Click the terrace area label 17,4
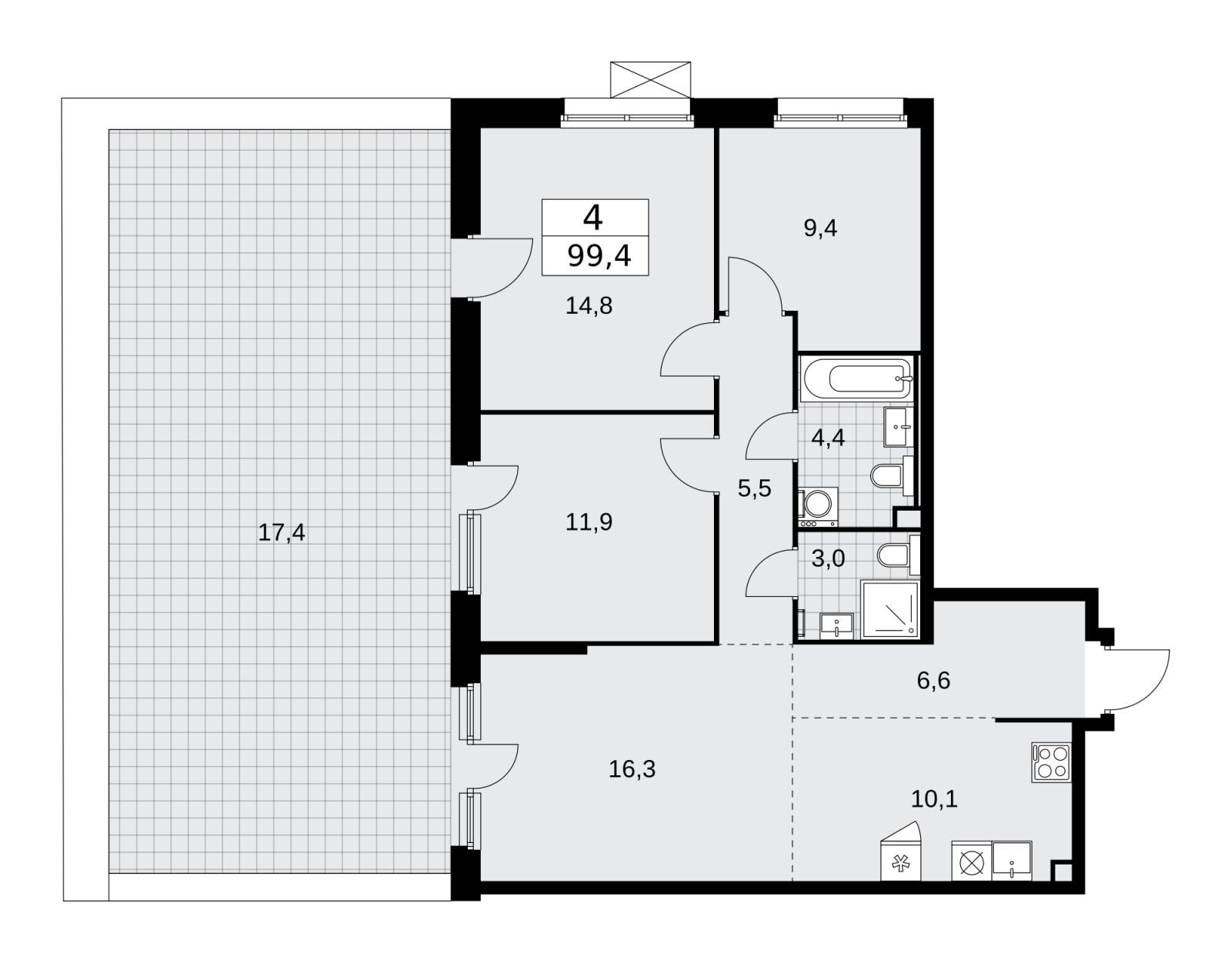[x=282, y=533]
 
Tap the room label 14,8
[x=589, y=305]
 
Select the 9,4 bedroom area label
[x=820, y=228]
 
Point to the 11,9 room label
[x=589, y=522]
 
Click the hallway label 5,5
[x=755, y=488]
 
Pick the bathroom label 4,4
[x=828, y=438]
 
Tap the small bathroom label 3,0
[x=828, y=558]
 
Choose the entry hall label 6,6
[x=933, y=681]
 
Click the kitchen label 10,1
[x=934, y=799]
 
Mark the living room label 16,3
[x=632, y=769]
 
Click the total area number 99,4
[x=599, y=256]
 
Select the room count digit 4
[x=592, y=218]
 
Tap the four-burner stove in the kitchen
[x=1052, y=762]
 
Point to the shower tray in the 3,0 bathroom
[x=890, y=610]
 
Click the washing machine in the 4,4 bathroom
[x=817, y=508]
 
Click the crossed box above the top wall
[x=650, y=79]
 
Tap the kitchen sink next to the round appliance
[x=1012, y=861]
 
